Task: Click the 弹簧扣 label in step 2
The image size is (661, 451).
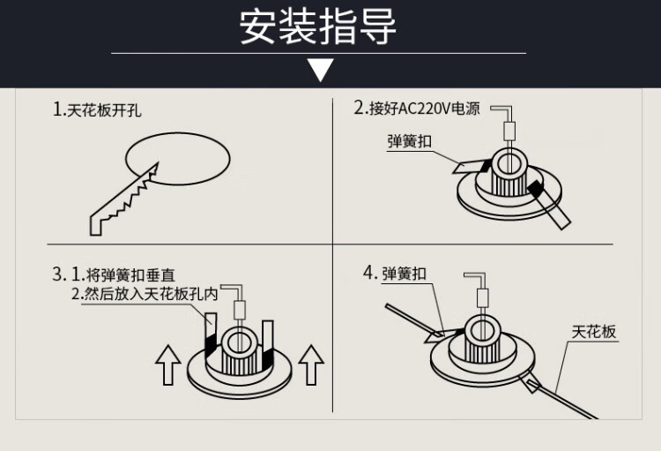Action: click(408, 141)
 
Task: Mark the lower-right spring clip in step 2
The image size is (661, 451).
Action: click(561, 214)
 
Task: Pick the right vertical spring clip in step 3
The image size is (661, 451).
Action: click(270, 340)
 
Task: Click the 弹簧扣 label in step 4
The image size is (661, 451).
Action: click(404, 274)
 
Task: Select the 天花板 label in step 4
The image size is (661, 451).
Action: click(593, 332)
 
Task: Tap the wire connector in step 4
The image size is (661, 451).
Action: click(483, 297)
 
